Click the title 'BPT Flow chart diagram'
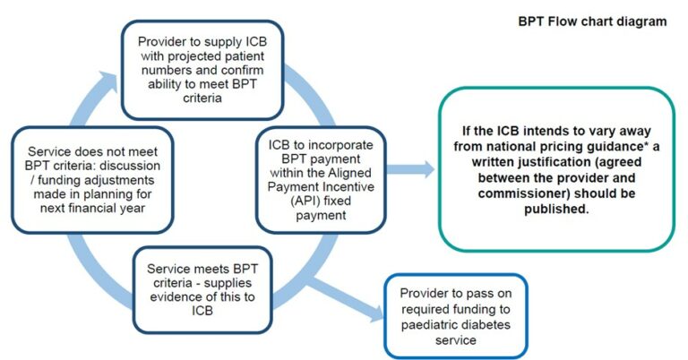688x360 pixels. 592,21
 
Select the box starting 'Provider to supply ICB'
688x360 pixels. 195,69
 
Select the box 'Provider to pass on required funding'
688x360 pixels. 454,314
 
